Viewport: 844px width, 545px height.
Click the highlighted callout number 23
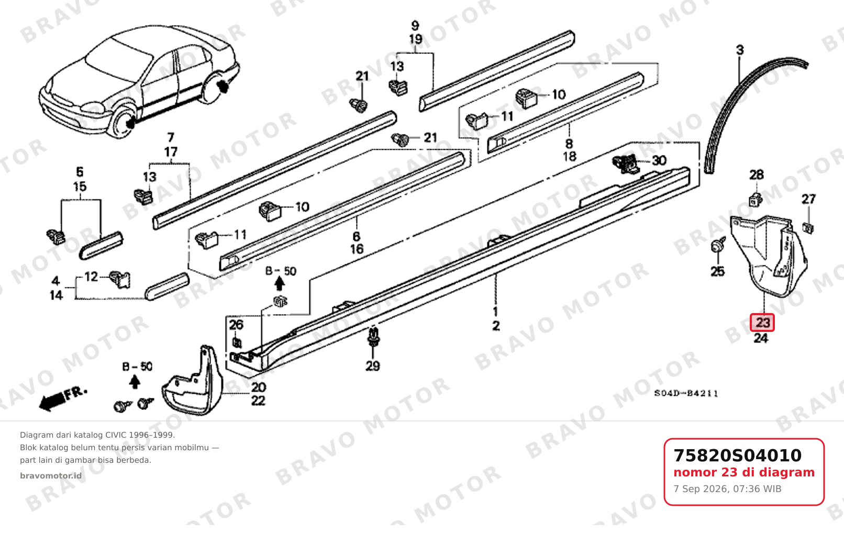(762, 323)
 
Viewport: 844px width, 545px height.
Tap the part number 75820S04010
(737, 455)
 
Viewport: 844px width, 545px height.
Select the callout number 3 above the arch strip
(740, 50)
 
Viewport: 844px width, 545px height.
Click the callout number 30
(659, 160)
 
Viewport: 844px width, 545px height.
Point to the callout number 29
(373, 366)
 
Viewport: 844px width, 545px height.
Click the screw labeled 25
(717, 246)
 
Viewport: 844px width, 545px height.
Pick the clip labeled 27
(807, 228)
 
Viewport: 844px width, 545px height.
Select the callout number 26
(236, 324)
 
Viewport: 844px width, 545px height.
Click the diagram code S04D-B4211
(686, 394)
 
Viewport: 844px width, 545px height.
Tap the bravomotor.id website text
(51, 476)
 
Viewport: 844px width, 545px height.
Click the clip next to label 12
(120, 279)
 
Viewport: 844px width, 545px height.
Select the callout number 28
(756, 175)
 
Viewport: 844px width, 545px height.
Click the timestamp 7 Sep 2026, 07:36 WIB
(727, 489)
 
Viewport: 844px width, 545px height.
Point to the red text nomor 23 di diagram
(744, 472)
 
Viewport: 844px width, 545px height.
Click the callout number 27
(808, 199)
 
